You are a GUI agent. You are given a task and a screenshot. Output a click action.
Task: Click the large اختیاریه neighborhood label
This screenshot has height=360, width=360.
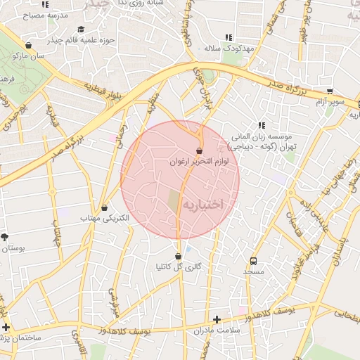tap(202, 204)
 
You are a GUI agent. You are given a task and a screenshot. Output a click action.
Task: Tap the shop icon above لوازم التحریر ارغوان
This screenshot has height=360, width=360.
tap(200, 150)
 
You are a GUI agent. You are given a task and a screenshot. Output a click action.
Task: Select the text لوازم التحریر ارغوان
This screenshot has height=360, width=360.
tap(200, 162)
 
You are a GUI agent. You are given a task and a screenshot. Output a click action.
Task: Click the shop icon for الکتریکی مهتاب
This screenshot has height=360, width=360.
tap(105, 208)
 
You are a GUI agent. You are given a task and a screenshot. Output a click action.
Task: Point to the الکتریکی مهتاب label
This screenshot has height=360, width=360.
tap(105, 219)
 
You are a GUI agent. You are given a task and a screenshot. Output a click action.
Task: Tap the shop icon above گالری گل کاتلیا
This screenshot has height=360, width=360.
tap(178, 256)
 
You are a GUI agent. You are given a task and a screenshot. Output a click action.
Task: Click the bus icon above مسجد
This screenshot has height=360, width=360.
tap(253, 259)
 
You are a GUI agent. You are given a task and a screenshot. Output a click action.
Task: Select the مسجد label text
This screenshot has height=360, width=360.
tap(253, 271)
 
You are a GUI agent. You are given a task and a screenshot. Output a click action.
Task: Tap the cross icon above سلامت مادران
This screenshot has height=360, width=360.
tap(217, 319)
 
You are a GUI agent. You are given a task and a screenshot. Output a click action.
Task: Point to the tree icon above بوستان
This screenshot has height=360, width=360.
tap(6, 237)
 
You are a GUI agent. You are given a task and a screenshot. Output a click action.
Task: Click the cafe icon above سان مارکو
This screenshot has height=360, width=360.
tap(30, 44)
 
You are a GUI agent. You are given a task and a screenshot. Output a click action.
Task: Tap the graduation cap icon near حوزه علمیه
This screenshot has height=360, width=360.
tap(81, 29)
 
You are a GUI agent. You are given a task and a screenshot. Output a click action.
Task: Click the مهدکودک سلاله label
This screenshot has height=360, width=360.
tap(228, 48)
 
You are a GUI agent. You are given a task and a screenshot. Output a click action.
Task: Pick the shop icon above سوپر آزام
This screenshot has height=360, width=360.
tap(330, 91)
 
